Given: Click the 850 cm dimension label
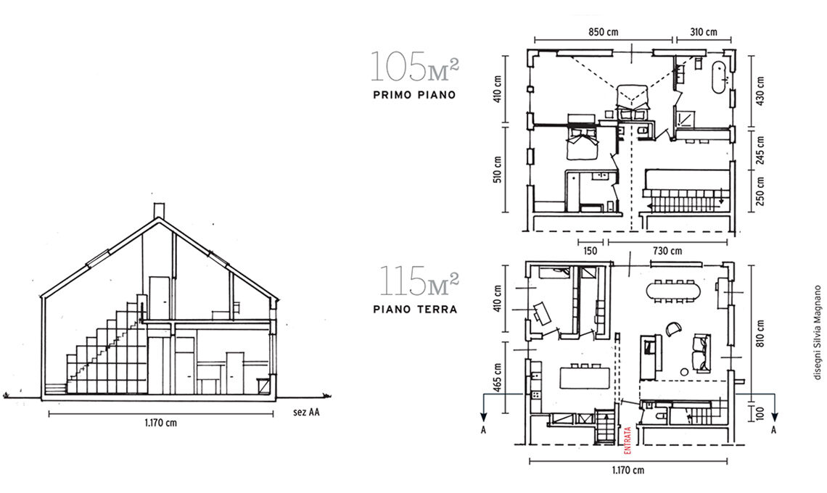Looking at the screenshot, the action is coord(603,32).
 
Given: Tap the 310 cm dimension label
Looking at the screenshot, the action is coord(704,32).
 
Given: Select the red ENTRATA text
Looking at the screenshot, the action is coord(628,440).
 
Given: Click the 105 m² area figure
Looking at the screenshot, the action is coord(414,67).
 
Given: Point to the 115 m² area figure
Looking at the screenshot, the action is coord(419,281).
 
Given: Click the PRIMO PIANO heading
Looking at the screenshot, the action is coord(414,96).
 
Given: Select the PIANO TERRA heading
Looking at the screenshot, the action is coord(415,310).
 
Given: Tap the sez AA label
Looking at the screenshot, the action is coord(306,413).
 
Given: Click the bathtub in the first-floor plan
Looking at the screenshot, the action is coord(718,78).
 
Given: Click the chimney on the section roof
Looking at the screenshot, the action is coord(158,211).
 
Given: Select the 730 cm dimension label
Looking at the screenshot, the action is coord(667,251).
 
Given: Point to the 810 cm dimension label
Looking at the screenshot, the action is coord(760,333).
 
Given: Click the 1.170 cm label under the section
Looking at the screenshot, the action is coord(161,423).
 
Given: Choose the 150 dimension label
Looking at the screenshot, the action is coord(591,251).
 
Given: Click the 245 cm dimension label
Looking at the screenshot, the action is coord(760,150).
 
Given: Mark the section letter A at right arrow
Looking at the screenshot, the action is coord(774,430).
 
